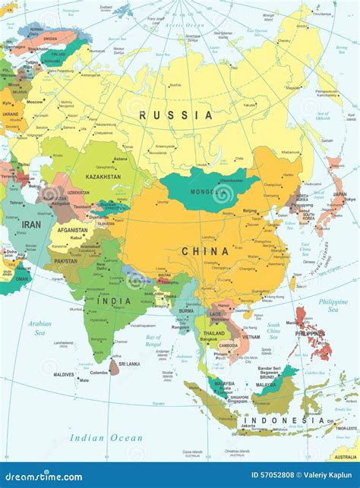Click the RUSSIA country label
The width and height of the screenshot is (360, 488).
[x=176, y=115]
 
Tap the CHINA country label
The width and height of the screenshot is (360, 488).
[x=204, y=251]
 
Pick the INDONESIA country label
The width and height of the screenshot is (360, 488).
[x=273, y=420]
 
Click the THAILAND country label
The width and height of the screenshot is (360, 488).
[x=214, y=333]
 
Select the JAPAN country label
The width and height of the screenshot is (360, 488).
[x=339, y=194]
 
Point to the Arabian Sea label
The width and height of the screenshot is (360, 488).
[x=39, y=327]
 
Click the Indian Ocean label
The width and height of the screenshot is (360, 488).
[x=106, y=437]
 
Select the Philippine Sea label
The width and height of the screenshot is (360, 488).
[x=333, y=305]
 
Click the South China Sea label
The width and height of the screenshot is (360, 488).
[x=273, y=329]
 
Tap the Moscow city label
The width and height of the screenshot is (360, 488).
[x=34, y=102]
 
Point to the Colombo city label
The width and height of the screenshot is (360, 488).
[x=99, y=373]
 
